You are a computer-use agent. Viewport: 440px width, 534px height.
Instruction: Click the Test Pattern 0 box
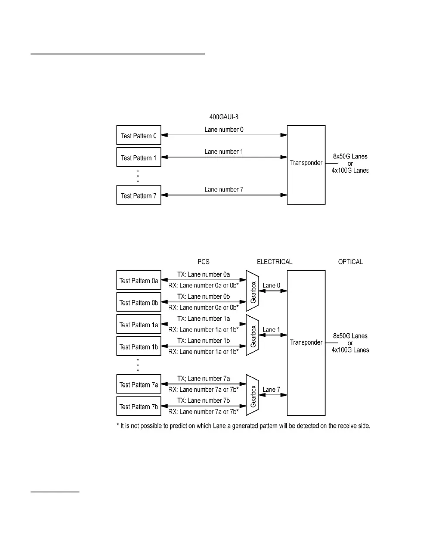pos(138,135)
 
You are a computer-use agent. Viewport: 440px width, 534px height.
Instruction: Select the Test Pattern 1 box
pos(138,157)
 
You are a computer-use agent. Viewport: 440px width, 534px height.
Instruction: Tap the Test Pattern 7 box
pos(138,195)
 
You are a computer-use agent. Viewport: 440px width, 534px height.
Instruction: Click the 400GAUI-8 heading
pos(223,117)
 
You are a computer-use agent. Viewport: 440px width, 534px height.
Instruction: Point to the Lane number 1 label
pos(224,152)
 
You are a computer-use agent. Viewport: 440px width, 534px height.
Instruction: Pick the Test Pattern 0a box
pos(138,281)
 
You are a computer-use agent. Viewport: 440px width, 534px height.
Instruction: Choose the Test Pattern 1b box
pos(138,347)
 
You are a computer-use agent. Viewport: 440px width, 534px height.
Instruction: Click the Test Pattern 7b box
pos(138,407)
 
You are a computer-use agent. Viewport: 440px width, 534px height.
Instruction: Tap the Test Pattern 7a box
pos(138,385)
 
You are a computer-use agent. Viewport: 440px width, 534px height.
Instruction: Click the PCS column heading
pos(203,262)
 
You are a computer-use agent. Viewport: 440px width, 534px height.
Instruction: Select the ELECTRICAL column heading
pos(275,262)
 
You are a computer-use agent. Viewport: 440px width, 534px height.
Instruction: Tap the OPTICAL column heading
pos(351,262)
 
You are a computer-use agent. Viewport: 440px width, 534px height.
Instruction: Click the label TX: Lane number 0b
pos(203,297)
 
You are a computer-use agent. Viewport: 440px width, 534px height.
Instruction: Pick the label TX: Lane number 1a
pos(203,318)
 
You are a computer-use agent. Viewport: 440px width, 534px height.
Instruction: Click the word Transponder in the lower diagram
pos(306,342)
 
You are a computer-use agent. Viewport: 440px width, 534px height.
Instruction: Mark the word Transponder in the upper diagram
pos(306,163)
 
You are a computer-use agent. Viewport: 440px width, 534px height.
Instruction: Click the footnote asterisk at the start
pos(117,426)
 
